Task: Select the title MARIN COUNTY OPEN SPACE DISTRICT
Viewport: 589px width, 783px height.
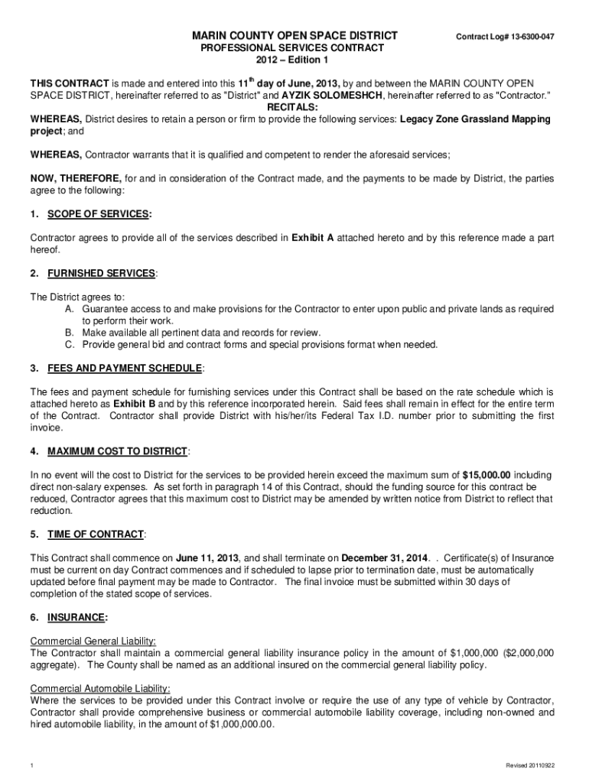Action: point(294,36)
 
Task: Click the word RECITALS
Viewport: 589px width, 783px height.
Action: point(294,107)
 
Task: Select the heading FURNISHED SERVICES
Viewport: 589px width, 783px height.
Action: point(101,273)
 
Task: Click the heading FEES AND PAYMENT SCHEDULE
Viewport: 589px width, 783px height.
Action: point(125,369)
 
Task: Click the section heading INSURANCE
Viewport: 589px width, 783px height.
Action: point(76,617)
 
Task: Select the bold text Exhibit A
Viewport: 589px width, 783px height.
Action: point(312,238)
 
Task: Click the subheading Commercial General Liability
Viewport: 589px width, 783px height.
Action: point(93,641)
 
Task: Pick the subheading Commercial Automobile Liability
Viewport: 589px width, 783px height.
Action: point(99,688)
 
